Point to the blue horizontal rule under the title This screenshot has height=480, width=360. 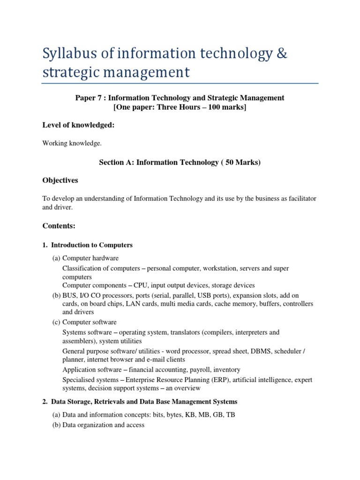[180, 83]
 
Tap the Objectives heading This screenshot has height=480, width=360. [60, 180]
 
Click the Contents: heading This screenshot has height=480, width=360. [59, 226]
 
